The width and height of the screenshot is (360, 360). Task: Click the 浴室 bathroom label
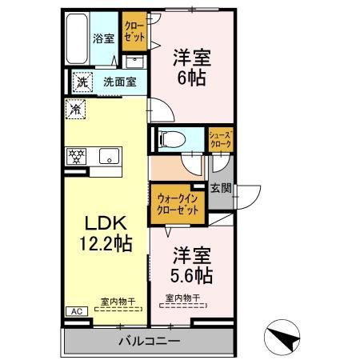point(103,38)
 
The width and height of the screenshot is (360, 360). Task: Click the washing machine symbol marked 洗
point(81,81)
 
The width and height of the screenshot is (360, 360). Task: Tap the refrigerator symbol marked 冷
point(76,110)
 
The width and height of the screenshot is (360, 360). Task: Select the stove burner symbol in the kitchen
point(77,156)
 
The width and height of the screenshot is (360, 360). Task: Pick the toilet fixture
point(170,137)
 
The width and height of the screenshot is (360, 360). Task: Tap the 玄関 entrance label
point(222,189)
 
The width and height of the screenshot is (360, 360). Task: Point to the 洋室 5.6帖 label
point(192,266)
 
